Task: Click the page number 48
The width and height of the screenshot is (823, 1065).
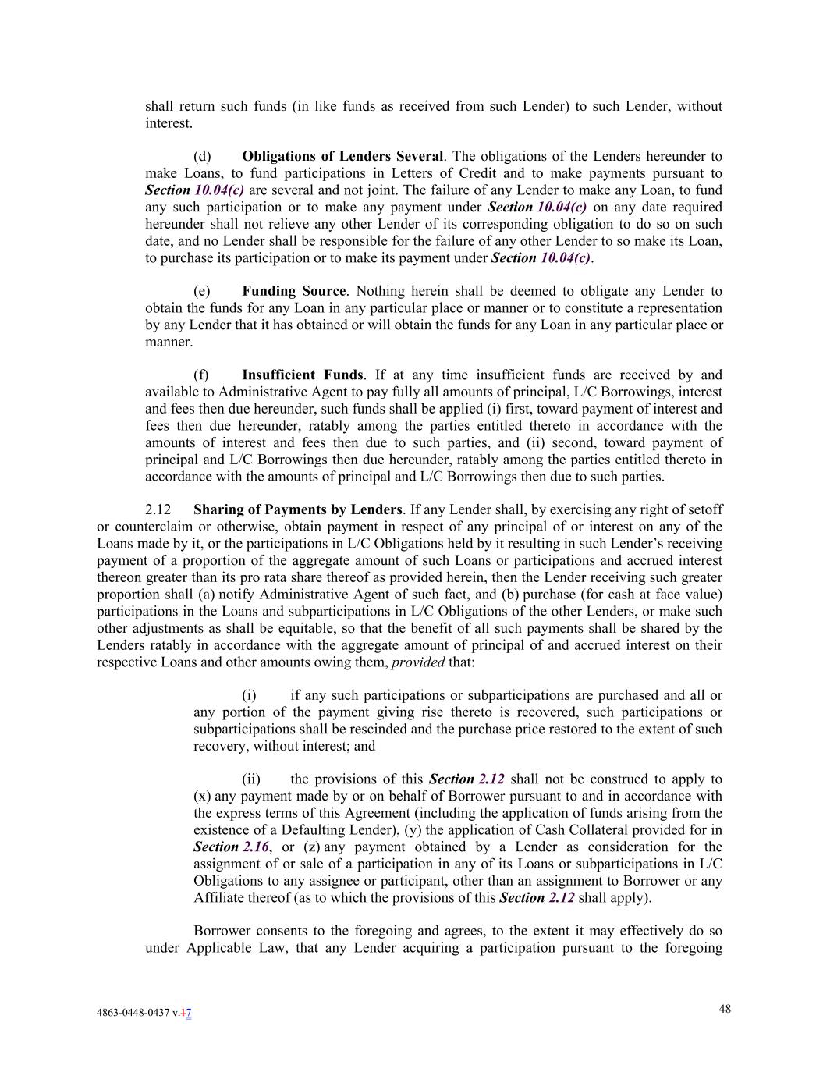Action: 725,1009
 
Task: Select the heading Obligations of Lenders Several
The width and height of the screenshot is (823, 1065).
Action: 342,157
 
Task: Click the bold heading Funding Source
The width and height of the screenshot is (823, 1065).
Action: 293,292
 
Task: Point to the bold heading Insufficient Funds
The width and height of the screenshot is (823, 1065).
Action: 302,375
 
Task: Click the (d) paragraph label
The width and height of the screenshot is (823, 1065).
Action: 202,157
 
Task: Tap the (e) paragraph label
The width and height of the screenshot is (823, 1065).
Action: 202,292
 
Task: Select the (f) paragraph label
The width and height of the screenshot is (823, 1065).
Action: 201,375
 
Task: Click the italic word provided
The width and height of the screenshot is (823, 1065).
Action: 417,662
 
